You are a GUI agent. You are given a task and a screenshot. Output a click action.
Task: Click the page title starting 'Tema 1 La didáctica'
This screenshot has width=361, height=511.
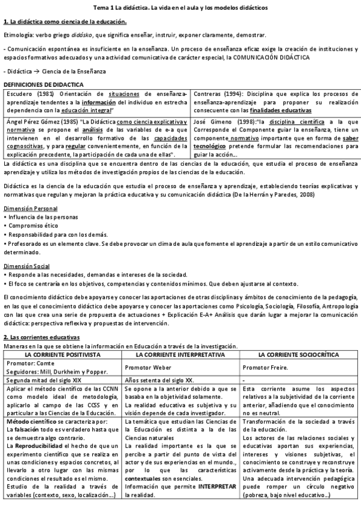point(180,7)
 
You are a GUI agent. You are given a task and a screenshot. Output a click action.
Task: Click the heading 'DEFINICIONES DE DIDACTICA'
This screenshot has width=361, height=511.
point(43,84)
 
